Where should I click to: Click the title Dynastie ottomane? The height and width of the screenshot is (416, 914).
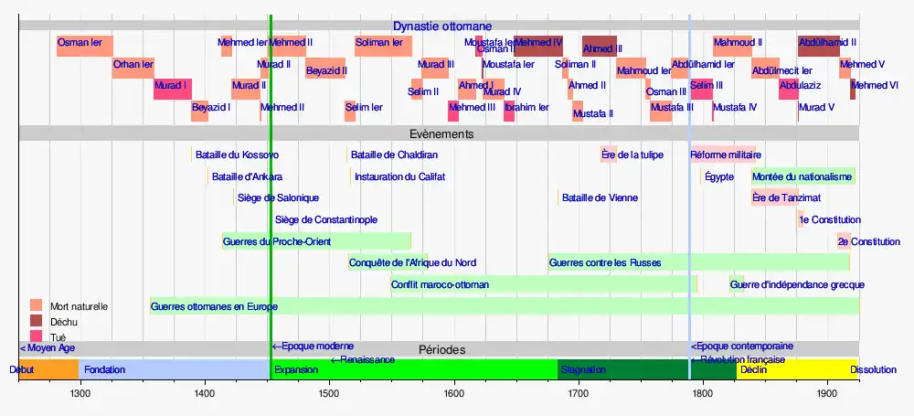click(x=442, y=27)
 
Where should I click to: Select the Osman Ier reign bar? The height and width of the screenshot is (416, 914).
click(x=85, y=46)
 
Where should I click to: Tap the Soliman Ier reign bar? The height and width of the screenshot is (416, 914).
click(x=383, y=46)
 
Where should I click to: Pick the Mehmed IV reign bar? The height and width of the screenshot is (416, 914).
click(x=538, y=46)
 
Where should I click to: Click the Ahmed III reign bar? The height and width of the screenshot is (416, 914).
click(x=600, y=46)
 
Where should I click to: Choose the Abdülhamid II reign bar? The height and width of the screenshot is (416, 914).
click(x=819, y=46)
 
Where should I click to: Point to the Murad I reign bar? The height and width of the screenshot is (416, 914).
click(x=172, y=89)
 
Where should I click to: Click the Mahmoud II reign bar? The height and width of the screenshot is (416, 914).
click(x=733, y=46)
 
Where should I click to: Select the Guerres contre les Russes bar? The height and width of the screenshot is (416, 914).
click(x=698, y=262)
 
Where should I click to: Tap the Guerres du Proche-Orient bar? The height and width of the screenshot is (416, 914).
click(x=316, y=241)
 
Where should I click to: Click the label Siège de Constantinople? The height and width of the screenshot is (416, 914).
click(x=326, y=220)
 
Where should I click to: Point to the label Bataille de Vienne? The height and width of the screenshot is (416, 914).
click(x=600, y=197)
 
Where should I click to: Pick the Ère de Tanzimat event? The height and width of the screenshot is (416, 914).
click(x=774, y=197)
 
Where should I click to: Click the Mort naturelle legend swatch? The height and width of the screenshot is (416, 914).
click(x=37, y=305)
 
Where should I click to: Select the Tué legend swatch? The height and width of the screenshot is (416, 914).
click(x=37, y=336)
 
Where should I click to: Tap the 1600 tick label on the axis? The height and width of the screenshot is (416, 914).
click(x=453, y=394)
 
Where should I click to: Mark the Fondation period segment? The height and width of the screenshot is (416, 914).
click(x=174, y=370)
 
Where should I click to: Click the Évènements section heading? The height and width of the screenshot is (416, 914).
click(x=441, y=133)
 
